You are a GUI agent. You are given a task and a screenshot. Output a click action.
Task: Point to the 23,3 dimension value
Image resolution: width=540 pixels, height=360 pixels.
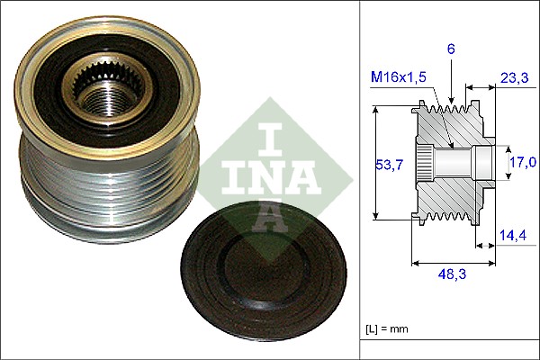(515, 79)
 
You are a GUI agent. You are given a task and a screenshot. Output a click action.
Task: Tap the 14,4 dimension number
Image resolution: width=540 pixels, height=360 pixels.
(515, 236)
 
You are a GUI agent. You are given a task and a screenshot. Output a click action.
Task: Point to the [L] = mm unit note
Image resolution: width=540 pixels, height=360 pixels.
(386, 329)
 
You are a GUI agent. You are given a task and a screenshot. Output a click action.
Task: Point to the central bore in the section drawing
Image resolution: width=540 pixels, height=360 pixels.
(459, 162)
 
